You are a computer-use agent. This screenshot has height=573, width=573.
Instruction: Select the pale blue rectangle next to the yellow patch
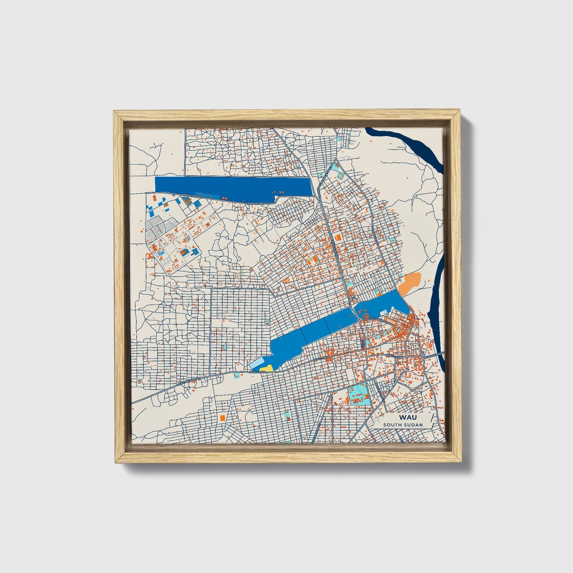[x=255, y=364]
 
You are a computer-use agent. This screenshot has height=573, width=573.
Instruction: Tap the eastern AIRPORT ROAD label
[x=258, y=204]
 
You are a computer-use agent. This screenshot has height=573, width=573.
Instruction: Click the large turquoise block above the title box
[x=359, y=394]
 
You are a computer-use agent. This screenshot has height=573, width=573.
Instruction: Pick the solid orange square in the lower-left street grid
[x=222, y=418]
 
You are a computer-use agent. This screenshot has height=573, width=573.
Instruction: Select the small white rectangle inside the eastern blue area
[x=383, y=313]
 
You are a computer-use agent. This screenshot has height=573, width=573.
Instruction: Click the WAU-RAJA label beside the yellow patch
[x=257, y=372]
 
